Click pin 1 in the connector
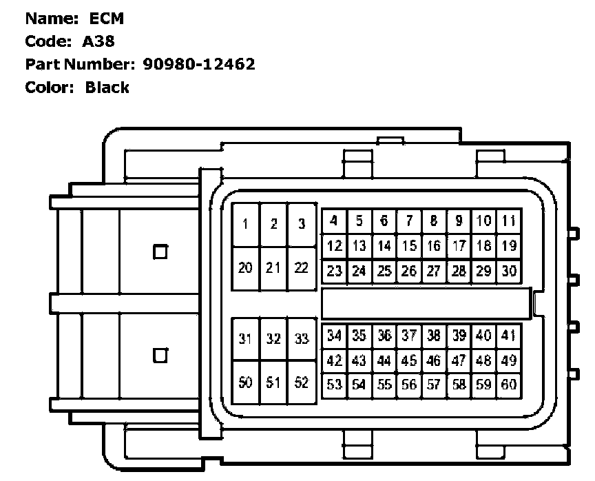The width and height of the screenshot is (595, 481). coord(246,224)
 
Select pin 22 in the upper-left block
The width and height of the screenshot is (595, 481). coord(301,267)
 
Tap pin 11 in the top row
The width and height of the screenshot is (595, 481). coord(509,221)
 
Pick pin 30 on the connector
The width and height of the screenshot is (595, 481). coord(509,271)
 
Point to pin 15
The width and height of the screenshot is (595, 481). coord(409,246)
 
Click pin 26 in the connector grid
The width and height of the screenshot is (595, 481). coord(409,271)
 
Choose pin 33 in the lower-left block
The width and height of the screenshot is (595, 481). coord(301,338)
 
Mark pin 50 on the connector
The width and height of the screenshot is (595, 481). coord(246,382)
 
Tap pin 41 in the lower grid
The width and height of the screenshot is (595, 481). coord(509,336)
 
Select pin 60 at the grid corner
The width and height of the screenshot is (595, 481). coord(509,385)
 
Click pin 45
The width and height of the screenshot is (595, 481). coord(409,360)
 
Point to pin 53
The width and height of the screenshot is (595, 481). coord(335,385)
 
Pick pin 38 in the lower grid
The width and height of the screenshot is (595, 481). coord(434,336)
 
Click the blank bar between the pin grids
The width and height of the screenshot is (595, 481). coord(427,303)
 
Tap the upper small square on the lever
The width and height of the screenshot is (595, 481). coord(160,252)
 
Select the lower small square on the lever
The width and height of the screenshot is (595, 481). coord(160,356)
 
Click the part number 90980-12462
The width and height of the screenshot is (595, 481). coord(198,64)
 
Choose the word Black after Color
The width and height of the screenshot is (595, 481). coord(107,88)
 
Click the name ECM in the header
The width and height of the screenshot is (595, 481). coord(107,19)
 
